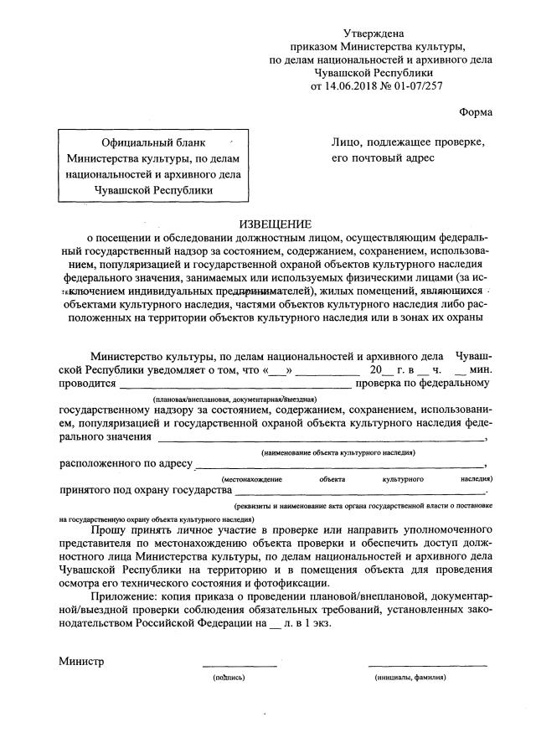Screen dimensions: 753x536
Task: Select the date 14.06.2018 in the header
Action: tap(362, 85)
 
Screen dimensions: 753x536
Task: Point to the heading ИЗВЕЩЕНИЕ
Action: tap(276, 224)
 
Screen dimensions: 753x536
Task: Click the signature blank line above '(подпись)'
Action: tap(239, 667)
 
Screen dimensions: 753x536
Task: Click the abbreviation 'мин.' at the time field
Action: tap(481, 369)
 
